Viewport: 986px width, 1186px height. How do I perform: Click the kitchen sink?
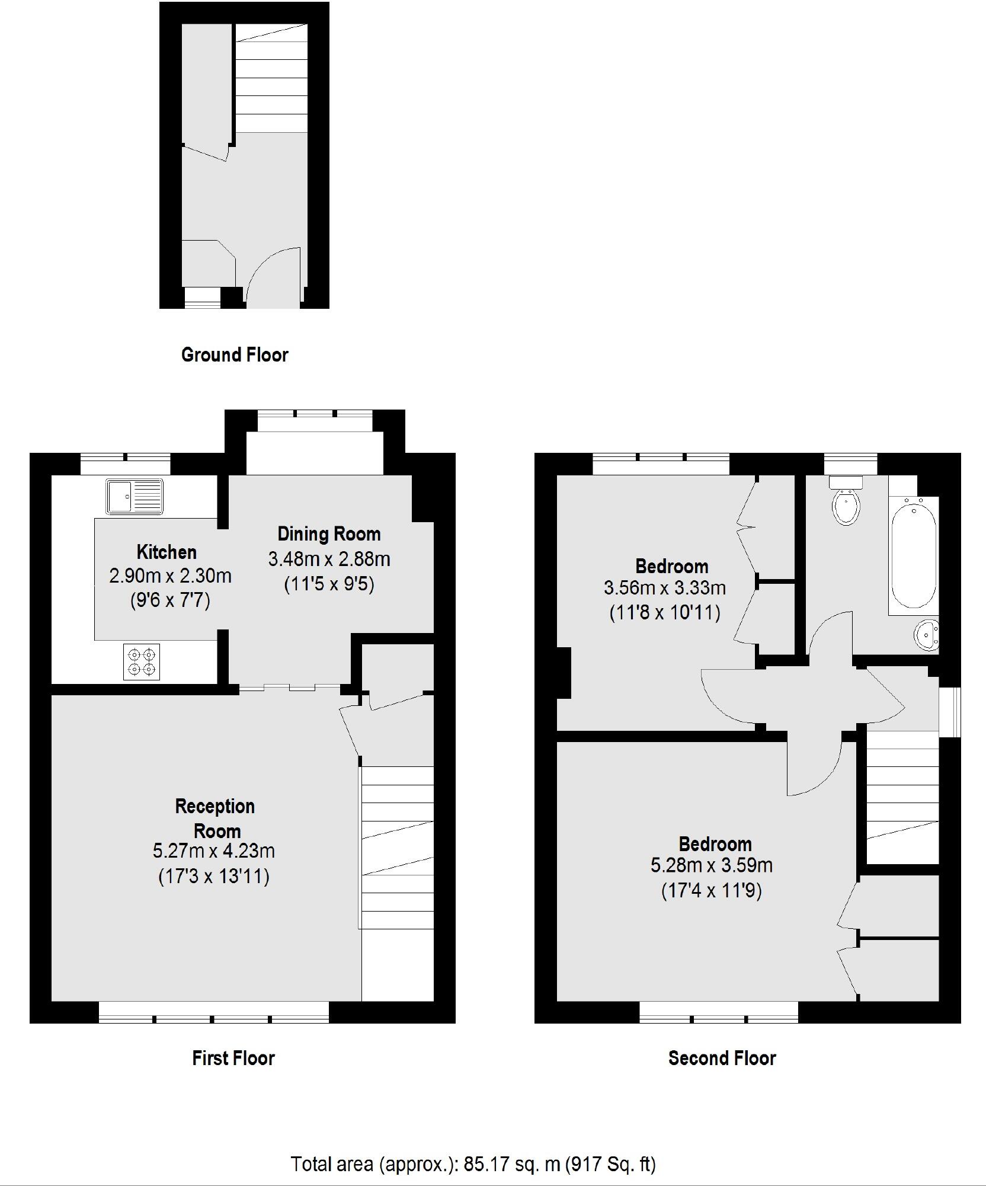(x=135, y=496)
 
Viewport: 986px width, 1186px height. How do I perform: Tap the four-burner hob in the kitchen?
(x=142, y=662)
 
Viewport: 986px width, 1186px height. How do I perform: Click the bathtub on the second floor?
(x=913, y=553)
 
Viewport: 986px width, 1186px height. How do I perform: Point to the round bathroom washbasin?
(x=927, y=635)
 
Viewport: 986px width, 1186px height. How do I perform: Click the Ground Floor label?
(x=235, y=355)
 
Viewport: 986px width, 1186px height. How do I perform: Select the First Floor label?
(x=233, y=1059)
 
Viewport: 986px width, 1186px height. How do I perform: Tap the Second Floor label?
(x=722, y=1059)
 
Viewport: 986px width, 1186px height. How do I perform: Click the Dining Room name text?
(x=329, y=534)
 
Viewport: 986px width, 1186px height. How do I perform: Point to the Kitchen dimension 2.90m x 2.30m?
(x=170, y=576)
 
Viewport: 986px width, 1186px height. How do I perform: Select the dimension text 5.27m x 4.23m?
(x=214, y=851)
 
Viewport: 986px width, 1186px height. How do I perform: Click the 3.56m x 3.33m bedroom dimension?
(x=664, y=588)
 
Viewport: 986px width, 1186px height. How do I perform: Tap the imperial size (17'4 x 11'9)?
(x=711, y=891)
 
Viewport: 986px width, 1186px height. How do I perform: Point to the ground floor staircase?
(x=272, y=77)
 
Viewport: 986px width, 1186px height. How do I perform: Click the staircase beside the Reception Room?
(x=398, y=848)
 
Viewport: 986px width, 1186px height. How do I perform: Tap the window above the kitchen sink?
(x=126, y=463)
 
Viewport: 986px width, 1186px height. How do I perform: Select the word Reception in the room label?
(x=215, y=807)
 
